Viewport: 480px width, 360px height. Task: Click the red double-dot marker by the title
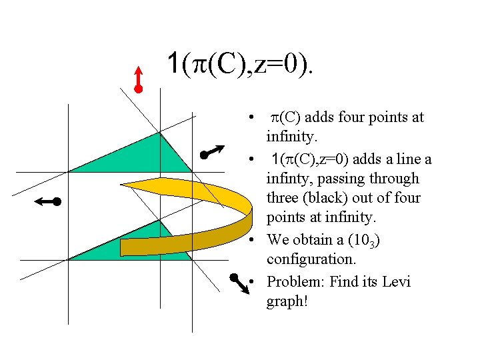point(137,79)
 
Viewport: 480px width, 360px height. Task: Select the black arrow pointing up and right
point(214,151)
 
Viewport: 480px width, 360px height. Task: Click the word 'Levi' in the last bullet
point(397,281)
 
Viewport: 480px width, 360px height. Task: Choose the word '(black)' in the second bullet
point(329,198)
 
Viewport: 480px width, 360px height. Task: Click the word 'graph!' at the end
point(287,301)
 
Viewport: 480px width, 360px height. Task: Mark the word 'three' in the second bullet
point(285,198)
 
